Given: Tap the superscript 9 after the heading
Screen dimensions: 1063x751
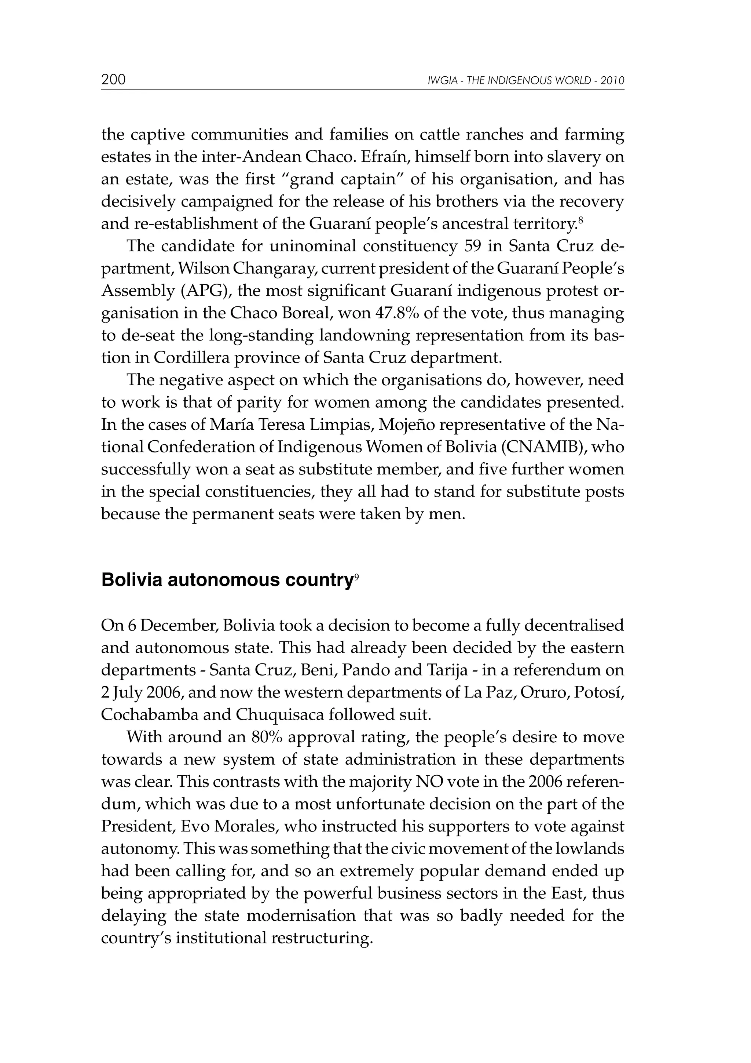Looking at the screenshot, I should [x=356, y=575].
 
